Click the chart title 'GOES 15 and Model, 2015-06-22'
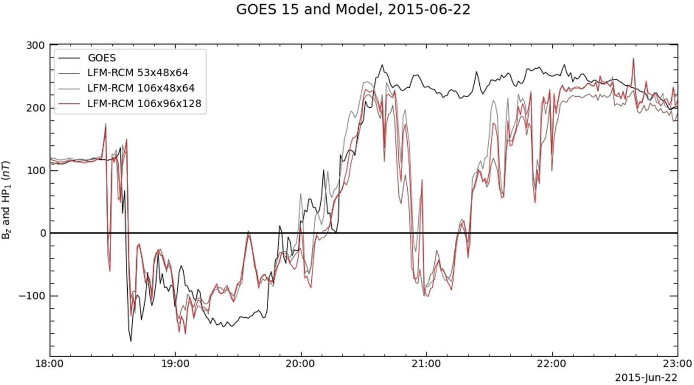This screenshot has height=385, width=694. (x=353, y=9)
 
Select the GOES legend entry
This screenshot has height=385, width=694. (x=101, y=58)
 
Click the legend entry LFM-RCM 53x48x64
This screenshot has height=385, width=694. (x=137, y=73)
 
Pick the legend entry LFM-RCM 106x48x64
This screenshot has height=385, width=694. (x=141, y=88)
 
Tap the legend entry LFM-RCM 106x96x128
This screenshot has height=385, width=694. (x=144, y=103)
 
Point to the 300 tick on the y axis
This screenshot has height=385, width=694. (x=36, y=45)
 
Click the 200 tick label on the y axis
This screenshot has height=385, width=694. (x=36, y=108)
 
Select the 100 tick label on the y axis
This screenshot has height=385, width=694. (x=36, y=171)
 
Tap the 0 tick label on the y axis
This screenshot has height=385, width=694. (x=42, y=233)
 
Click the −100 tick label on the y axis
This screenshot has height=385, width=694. (x=32, y=296)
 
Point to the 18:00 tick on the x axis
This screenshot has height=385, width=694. (x=50, y=364)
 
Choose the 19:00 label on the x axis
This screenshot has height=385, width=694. (x=175, y=364)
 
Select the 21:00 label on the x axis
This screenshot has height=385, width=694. (x=427, y=364)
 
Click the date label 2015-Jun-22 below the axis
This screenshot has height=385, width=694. (x=646, y=378)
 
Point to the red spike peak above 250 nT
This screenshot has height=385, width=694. (x=633, y=59)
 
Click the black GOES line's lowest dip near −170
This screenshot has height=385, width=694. (x=131, y=341)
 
